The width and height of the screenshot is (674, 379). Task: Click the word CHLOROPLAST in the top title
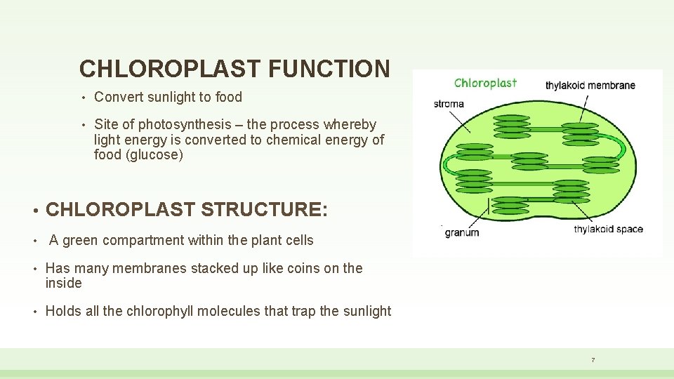coord(169,69)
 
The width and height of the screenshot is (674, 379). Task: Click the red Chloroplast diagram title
coord(485,83)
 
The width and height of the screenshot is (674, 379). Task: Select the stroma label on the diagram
coord(449,104)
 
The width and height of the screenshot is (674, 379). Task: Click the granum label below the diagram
coord(462,232)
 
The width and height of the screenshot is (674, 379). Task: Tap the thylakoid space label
coord(608,230)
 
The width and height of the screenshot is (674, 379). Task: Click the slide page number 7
coord(593,360)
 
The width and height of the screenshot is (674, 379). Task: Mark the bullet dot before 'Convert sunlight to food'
coord(83,98)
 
